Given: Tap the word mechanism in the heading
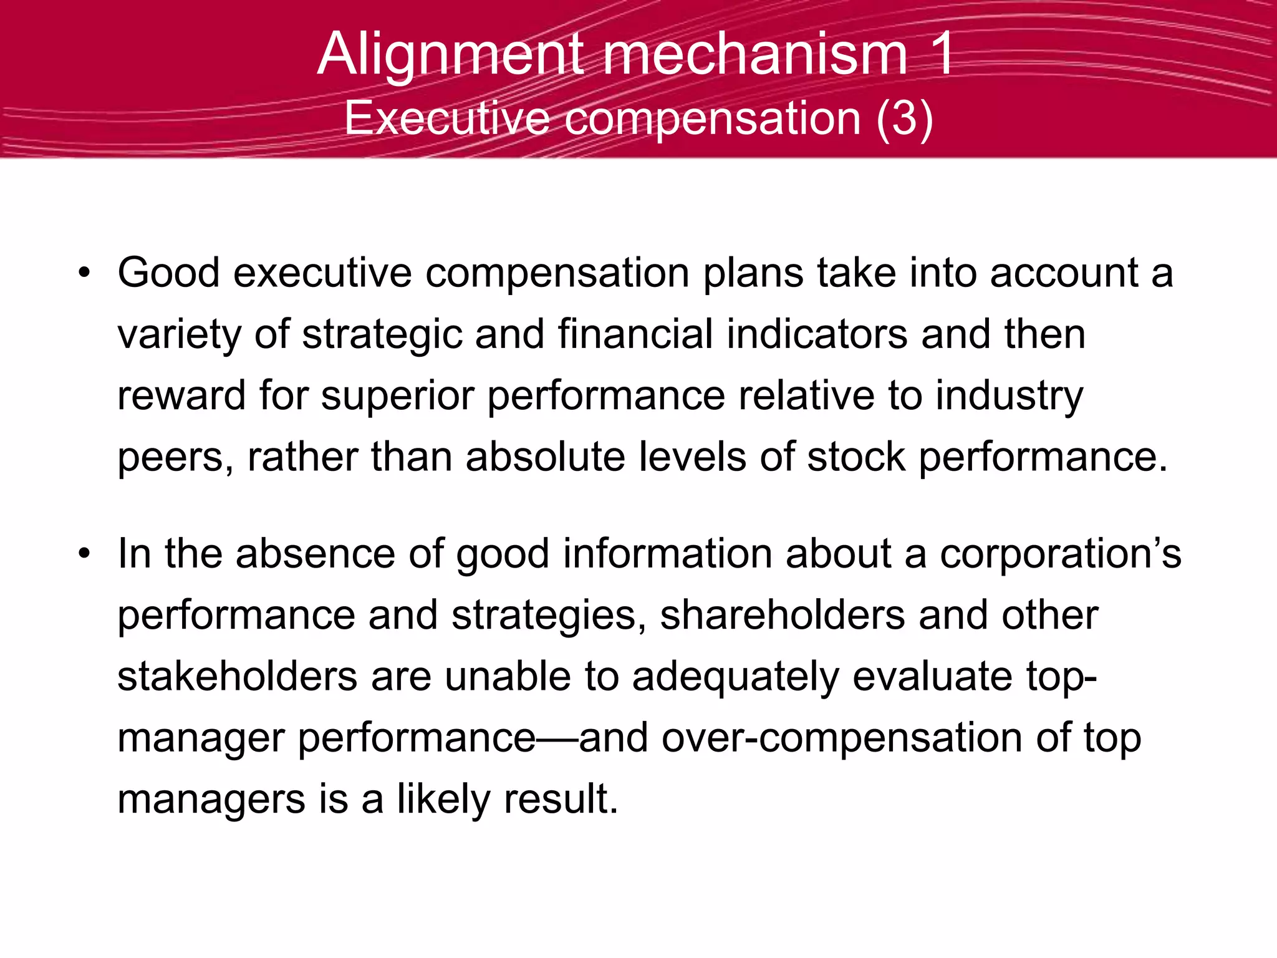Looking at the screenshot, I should [x=754, y=55].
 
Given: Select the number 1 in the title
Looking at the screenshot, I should [x=939, y=55].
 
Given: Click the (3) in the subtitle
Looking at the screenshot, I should [x=904, y=119].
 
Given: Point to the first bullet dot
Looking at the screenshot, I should [x=84, y=274].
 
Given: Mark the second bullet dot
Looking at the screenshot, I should [x=84, y=554].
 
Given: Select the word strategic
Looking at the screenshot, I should [x=382, y=335].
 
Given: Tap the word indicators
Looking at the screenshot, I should [x=817, y=335].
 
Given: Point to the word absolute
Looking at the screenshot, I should [x=545, y=457].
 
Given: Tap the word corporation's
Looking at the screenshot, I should [x=1060, y=554].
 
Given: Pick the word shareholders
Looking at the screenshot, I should [x=783, y=616].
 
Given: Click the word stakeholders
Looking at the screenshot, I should [x=238, y=677].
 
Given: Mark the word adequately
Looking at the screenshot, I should [x=736, y=677].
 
